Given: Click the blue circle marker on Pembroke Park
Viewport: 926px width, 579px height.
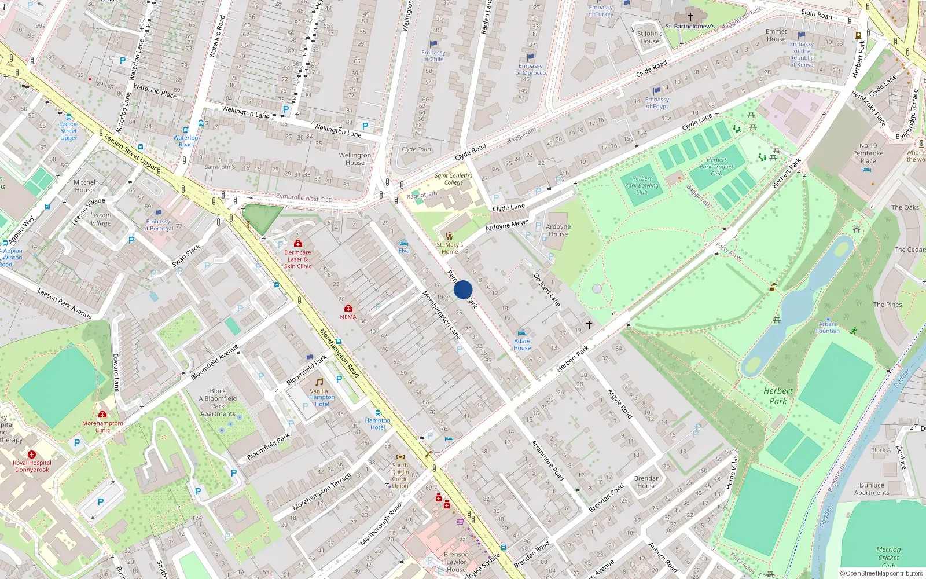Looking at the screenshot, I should (x=463, y=289).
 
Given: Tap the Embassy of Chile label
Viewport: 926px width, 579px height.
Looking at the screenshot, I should (x=433, y=56).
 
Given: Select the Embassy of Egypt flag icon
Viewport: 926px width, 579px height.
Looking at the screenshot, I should (x=657, y=91).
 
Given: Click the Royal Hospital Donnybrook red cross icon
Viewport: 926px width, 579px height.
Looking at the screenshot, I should (x=32, y=455).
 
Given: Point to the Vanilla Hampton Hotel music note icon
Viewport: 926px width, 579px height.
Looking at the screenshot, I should (x=319, y=382).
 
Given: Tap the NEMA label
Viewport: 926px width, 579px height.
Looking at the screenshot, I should (x=348, y=317).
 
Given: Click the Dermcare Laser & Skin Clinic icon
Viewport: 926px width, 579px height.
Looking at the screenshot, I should (x=298, y=244).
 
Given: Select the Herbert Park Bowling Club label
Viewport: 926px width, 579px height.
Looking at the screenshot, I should (x=641, y=185).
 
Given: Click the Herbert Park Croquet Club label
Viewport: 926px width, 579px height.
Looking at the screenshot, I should (x=716, y=167).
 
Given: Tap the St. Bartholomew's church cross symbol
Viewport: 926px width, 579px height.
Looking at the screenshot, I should (x=690, y=17).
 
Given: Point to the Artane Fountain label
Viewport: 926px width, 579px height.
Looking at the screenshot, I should (x=828, y=328).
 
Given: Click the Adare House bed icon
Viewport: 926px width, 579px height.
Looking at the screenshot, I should (x=521, y=333).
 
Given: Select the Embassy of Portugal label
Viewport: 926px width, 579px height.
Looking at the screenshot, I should (x=158, y=225).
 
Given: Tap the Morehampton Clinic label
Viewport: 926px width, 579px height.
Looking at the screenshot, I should (x=102, y=426).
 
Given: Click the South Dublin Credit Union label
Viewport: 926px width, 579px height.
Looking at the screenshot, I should (x=400, y=475).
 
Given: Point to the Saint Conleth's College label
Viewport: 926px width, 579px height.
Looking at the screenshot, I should (x=454, y=179).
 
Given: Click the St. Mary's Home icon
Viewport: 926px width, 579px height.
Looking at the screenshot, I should (x=450, y=236).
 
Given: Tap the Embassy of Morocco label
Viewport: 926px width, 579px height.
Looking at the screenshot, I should (x=530, y=69).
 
